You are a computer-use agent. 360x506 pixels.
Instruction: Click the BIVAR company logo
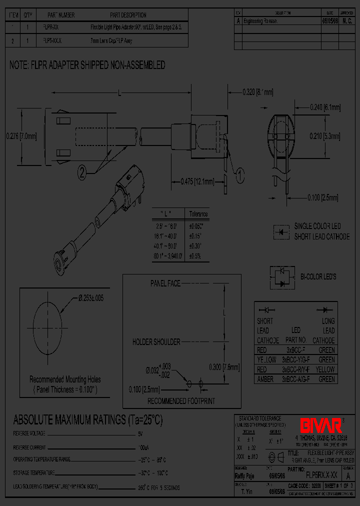click(x=320, y=424)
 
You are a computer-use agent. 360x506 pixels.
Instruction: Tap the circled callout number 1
click(x=239, y=174)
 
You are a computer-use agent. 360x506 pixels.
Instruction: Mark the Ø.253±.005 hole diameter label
click(x=97, y=298)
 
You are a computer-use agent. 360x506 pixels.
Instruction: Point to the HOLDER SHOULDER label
click(x=156, y=342)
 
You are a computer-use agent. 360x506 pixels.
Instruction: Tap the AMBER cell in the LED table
click(x=265, y=379)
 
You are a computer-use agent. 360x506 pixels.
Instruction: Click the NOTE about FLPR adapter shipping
click(x=87, y=65)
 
